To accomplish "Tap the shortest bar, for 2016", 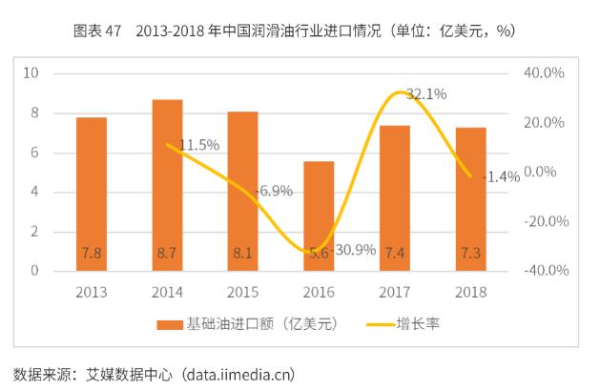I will click(319, 216).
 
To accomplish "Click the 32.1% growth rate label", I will click(426, 94).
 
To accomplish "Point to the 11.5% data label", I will click(199, 145).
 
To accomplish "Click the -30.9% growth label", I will click(354, 250).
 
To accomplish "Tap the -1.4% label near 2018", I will click(500, 176).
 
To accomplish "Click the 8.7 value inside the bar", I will click(167, 253).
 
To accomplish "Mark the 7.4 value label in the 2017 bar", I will click(395, 253).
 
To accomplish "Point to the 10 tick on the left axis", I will click(31, 73).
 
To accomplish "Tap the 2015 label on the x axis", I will click(243, 292).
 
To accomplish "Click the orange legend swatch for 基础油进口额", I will click(169, 324).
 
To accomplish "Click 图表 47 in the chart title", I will click(97, 31).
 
